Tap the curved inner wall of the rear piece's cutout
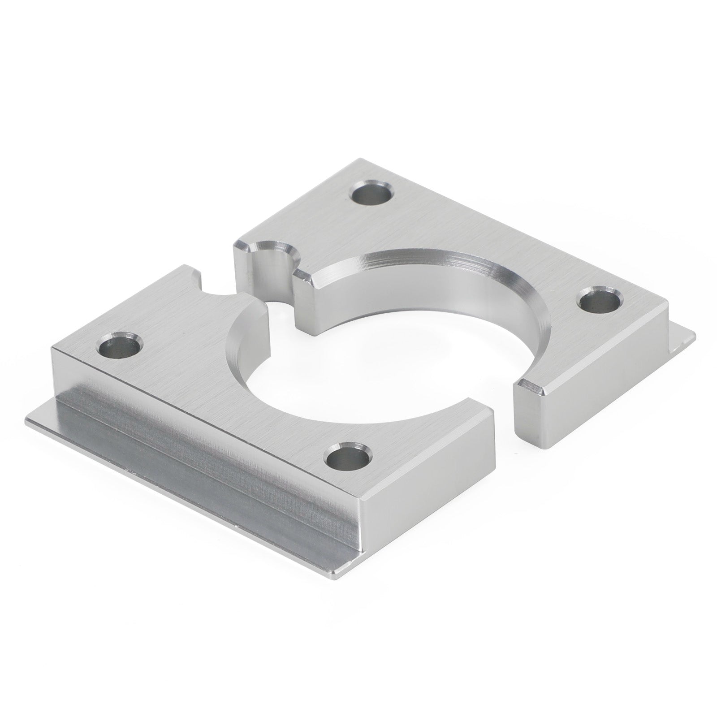coord(448,287)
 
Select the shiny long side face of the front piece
coord(202,457)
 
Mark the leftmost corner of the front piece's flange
coord(28,419)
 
